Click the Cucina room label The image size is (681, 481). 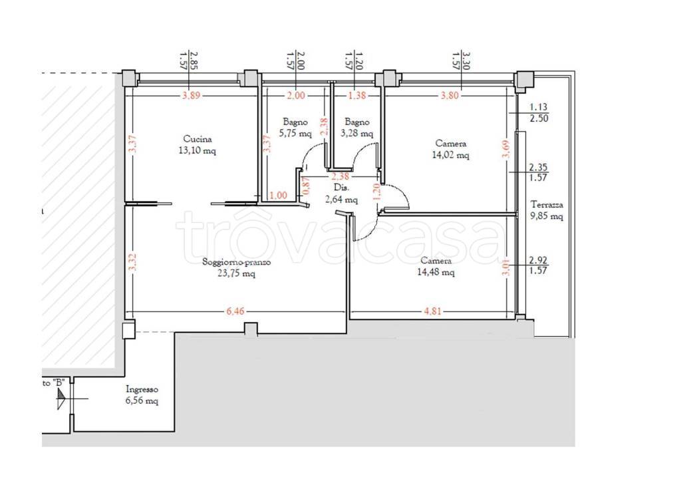pos(198,139)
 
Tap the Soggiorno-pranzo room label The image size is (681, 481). pos(237,262)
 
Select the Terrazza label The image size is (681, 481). pos(547,205)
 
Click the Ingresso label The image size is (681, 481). pos(142,390)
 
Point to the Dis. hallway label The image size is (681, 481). pos(341,188)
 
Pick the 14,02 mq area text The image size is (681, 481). pos(451,155)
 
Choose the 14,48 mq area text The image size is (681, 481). pos(436,273)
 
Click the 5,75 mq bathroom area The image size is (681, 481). pos(295,134)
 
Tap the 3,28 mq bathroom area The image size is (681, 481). pos(357,134)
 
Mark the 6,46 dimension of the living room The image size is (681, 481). pos(235,311)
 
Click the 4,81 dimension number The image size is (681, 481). pos(433,311)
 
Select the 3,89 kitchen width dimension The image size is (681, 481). pos(191,95)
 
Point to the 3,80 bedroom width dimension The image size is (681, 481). pos(450,95)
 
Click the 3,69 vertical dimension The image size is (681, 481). pos(507,148)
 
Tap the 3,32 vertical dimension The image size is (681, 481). pos(133,262)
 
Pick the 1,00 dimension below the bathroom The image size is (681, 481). pos(278,196)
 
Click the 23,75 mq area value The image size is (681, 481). pos(236,273)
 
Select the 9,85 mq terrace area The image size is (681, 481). pos(547,216)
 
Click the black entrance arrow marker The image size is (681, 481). pos(61,399)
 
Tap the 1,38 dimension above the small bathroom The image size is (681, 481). pos(357,95)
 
